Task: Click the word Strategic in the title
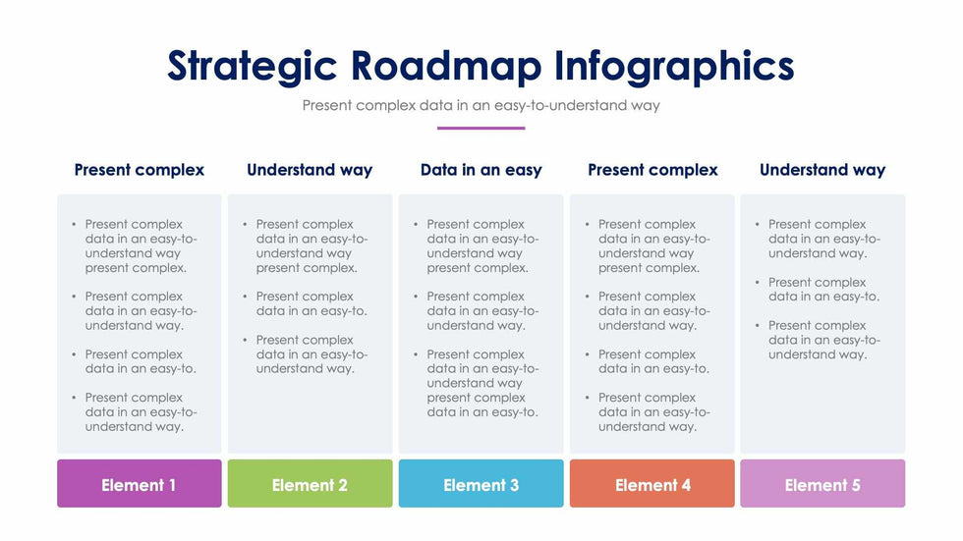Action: point(253,67)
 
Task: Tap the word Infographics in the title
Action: point(674,67)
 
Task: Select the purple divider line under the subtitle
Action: point(481,129)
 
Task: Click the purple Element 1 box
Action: point(140,483)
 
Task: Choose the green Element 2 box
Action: point(311,483)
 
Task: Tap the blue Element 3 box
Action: point(481,483)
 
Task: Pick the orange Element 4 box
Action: point(652,483)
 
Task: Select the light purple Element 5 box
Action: point(822,483)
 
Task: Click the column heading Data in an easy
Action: point(481,170)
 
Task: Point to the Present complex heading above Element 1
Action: point(140,171)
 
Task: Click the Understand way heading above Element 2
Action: point(310,171)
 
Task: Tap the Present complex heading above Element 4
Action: point(652,171)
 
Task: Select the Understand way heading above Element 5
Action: point(822,171)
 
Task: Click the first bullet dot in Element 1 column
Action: point(74,225)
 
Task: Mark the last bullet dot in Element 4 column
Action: point(588,398)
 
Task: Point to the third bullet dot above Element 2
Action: point(245,340)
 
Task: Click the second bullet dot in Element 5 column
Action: point(758,282)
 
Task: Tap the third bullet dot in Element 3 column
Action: point(416,354)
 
